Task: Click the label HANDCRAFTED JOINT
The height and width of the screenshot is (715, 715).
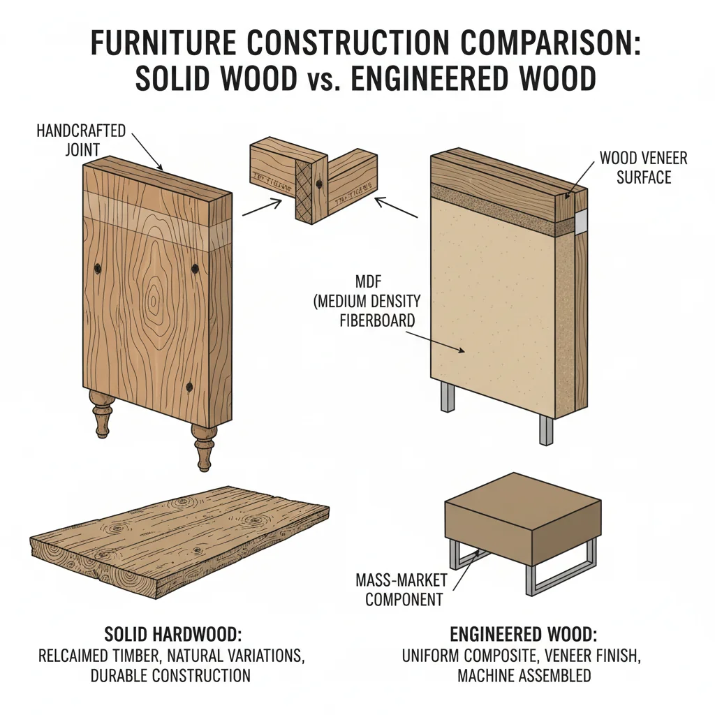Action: [x=80, y=139]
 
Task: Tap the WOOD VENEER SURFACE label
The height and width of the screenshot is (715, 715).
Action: [x=643, y=168]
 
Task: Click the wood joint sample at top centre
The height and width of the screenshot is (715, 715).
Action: [x=313, y=180]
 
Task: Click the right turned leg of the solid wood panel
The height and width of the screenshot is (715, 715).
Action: [x=204, y=446]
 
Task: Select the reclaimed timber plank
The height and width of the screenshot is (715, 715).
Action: [x=178, y=541]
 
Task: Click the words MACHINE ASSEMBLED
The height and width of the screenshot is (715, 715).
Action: [x=524, y=675]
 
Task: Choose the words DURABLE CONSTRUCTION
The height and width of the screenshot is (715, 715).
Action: [x=170, y=675]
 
